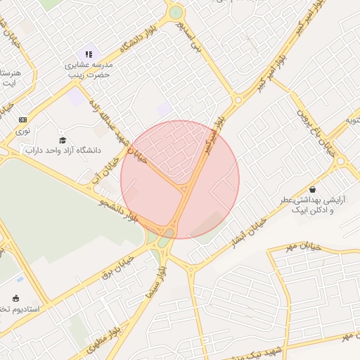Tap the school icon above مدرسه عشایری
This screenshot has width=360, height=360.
[x=89, y=54]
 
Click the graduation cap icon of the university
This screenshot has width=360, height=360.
[x=63, y=140]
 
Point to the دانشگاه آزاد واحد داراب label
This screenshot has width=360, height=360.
[x=63, y=150]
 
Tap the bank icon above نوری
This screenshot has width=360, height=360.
[x=23, y=120]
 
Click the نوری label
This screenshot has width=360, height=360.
[x=23, y=131]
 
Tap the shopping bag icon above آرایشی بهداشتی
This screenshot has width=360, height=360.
[x=312, y=189]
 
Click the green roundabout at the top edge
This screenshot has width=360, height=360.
[x=175, y=12]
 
